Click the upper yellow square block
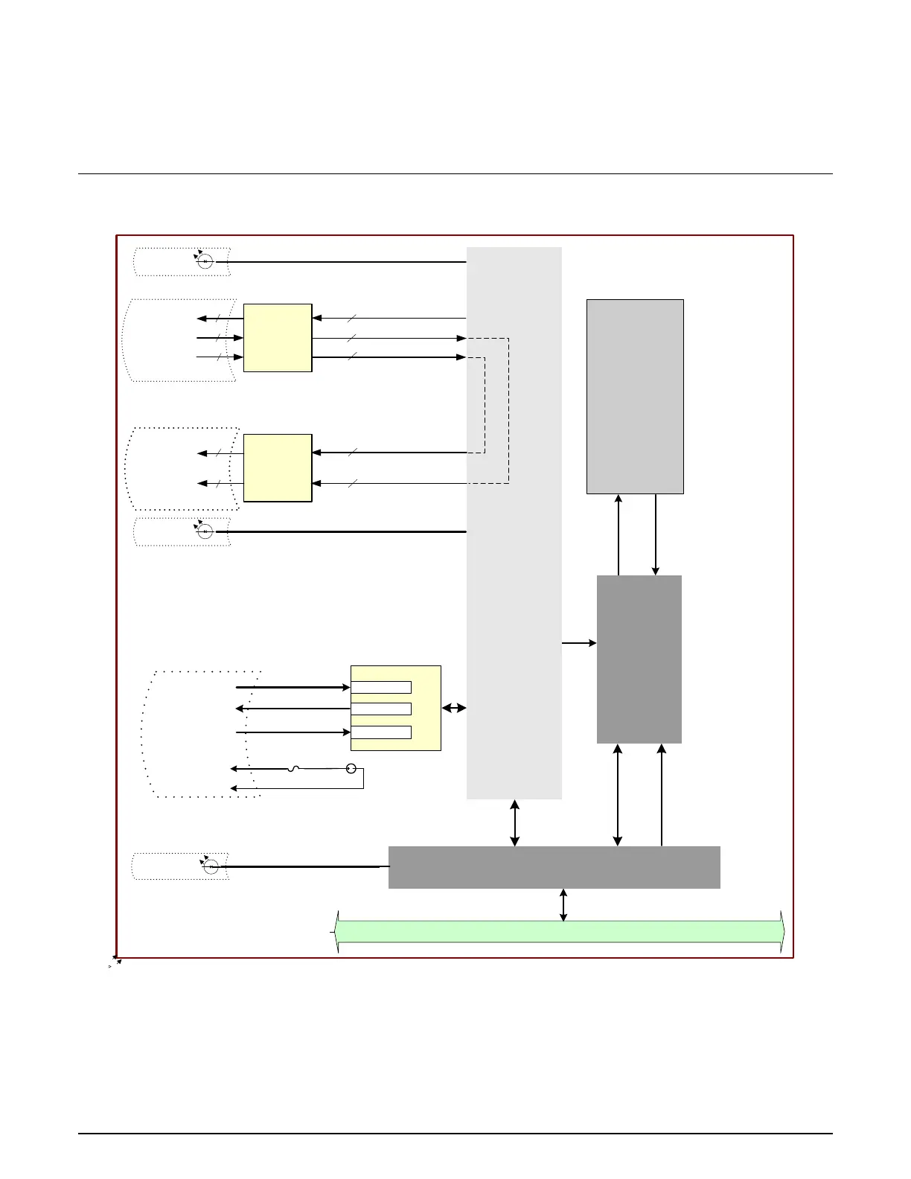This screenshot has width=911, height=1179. (277, 337)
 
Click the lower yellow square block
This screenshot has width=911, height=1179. (277, 467)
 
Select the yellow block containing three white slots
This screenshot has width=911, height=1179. (426, 708)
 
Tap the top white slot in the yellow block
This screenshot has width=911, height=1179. (380, 687)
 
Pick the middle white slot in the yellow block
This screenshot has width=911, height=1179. (380, 709)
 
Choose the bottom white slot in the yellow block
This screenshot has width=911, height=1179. (380, 732)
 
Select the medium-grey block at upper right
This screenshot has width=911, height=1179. (635, 396)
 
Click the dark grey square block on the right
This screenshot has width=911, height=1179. (639, 659)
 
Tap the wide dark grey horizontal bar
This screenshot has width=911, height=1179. (554, 867)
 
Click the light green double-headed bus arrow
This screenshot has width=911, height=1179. (558, 931)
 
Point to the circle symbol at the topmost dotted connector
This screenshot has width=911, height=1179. (205, 261)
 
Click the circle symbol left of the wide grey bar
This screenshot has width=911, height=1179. (211, 867)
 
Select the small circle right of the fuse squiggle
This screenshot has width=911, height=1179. (351, 768)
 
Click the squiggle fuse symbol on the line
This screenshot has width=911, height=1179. (293, 768)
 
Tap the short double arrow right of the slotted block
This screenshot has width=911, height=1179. (454, 708)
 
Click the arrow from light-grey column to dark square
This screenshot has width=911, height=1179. (579, 642)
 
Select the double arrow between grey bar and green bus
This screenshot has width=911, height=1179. (563, 904)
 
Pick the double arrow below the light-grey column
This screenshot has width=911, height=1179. (514, 822)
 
